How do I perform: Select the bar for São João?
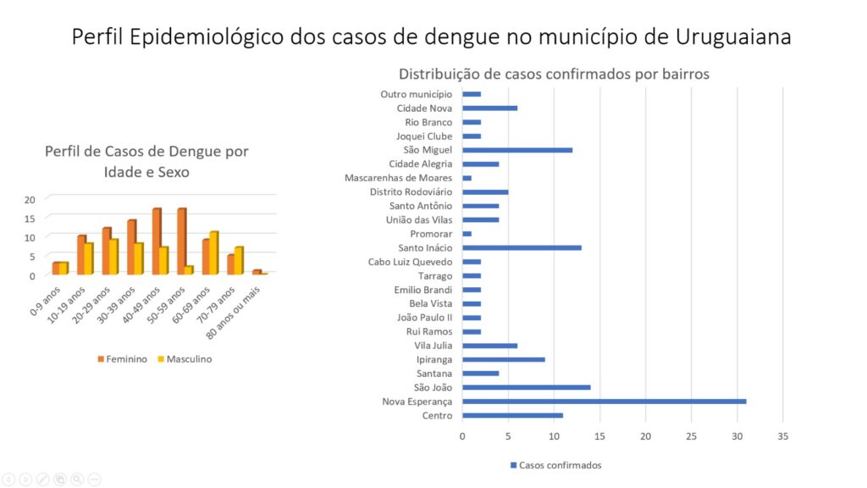point(526,387)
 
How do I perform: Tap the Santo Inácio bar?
point(522,247)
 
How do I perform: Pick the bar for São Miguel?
point(517,150)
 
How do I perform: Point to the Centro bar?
point(512,415)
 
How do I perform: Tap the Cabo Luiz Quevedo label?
point(411,262)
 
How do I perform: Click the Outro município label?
point(417,94)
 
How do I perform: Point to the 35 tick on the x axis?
point(782,435)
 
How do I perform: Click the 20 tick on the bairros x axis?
point(646,435)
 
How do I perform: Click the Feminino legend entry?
point(122,359)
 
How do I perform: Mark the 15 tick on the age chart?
point(30,218)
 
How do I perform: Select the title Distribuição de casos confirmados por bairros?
point(554,74)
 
